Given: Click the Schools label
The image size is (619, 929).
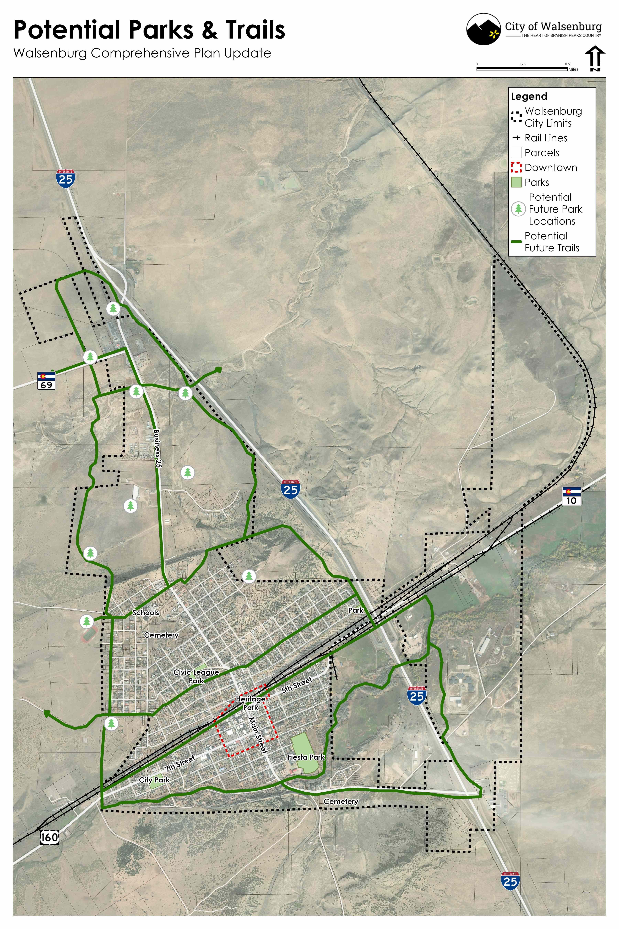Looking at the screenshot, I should click(x=146, y=613).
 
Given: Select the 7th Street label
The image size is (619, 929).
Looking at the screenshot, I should click(x=180, y=764).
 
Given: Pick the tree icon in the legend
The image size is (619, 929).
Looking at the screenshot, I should click(x=518, y=209).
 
